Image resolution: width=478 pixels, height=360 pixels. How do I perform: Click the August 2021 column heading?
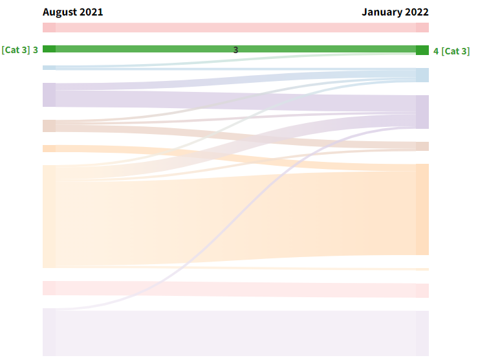pos(72,12)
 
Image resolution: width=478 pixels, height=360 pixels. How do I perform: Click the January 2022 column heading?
pos(395,12)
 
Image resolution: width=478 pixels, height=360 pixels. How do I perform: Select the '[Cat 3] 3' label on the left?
pos(20,50)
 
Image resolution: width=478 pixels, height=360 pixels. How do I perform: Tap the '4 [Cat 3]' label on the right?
pos(451,51)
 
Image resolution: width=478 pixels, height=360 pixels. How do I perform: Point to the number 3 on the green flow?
pos(235,50)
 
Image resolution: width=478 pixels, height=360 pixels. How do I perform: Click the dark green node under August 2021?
pos(49,49)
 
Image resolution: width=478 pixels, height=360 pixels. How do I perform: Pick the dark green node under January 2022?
pos(422,51)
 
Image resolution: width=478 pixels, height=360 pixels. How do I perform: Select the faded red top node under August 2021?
pos(49,28)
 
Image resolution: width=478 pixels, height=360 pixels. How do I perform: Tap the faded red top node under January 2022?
pos(422,28)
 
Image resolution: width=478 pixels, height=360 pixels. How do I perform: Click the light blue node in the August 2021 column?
pos(49,67)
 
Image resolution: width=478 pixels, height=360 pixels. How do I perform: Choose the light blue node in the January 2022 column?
pos(422,75)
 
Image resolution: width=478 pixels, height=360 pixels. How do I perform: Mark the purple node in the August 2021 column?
pos(49,95)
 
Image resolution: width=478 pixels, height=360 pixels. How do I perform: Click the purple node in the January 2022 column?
pos(422,112)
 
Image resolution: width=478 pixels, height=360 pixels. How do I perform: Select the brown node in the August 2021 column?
pos(49,126)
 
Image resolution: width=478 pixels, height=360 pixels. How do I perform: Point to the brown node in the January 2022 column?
pos(422,146)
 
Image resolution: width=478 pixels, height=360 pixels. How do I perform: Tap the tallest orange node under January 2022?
pos(422,209)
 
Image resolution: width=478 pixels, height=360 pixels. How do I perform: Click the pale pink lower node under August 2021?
pos(49,288)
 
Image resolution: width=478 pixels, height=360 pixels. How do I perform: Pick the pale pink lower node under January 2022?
pos(422,291)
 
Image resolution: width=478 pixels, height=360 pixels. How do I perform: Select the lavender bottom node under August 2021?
pos(49,332)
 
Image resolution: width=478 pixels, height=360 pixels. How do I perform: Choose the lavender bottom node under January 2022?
pos(422,333)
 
